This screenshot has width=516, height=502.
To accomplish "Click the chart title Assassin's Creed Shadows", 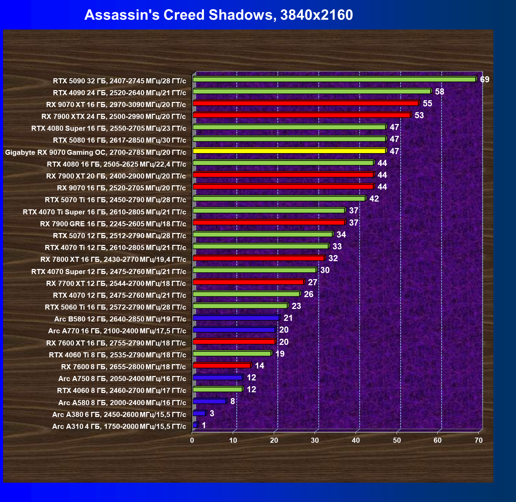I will coord(218,15).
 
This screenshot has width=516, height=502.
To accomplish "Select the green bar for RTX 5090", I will coord(334,79).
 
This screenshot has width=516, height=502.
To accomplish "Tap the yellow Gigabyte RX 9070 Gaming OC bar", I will coord(289,151).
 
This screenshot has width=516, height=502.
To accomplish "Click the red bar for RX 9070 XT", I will coord(305,103).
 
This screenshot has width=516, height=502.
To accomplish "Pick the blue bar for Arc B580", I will coord(236,318).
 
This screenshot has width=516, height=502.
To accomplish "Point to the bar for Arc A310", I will coord(195,425).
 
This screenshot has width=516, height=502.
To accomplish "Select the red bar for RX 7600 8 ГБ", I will coord(222,365).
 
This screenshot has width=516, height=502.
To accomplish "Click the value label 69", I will coord(485,80).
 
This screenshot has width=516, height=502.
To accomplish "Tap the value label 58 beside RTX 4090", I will coord(440,91).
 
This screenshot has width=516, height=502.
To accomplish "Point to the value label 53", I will coord(419,115).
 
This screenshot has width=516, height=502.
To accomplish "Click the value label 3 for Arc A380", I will coord(212,413).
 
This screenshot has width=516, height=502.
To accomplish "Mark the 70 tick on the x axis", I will coord(478,440).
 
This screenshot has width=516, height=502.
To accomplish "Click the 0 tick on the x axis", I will coord(192,440).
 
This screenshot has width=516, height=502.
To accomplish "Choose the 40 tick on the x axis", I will coord(356,440).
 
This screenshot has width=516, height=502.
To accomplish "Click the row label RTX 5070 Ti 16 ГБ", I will coord(115,200).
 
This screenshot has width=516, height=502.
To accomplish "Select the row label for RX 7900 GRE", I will coord(113,224).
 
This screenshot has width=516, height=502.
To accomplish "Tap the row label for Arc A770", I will coord(117,331).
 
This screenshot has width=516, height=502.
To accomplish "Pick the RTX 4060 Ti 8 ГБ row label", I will coord(117,355).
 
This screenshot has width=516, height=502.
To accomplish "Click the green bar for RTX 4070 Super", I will coord(254,270).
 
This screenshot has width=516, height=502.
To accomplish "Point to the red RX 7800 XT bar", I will coord(259,258).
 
